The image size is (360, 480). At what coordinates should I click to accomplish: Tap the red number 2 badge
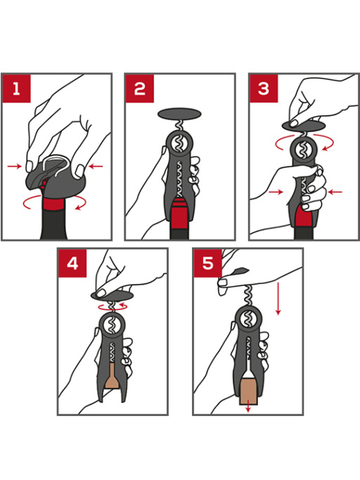click(140, 89)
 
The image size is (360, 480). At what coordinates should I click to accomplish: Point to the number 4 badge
click(72, 264)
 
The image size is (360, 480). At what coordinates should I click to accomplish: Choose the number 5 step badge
click(208, 264)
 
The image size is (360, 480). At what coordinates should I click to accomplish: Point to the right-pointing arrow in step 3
click(275, 190)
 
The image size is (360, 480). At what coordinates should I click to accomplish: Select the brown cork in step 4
click(112, 380)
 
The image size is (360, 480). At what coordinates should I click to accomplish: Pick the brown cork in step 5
click(247, 391)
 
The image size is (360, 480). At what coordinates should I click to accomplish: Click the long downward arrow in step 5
click(278, 299)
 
